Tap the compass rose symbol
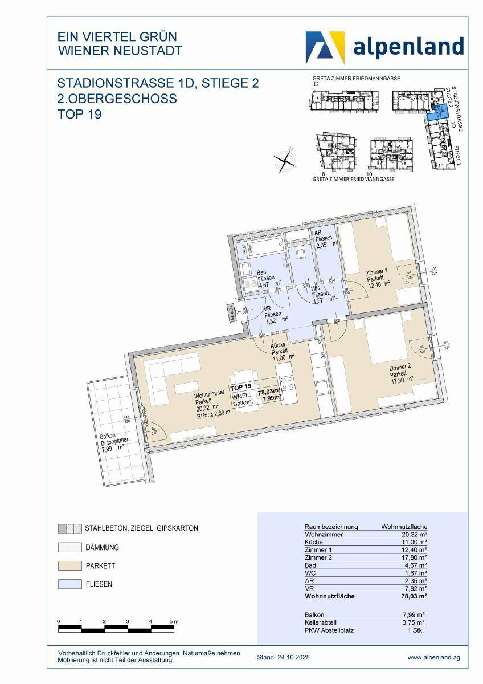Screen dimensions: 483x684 285,159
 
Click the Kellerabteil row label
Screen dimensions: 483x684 322,623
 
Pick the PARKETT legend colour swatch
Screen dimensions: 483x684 66,566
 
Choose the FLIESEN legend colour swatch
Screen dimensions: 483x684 66,584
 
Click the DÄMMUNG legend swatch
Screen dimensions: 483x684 66,548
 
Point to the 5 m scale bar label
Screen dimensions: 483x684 174,621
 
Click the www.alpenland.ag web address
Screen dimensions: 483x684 433,657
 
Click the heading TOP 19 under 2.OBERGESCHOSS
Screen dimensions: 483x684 80,115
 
